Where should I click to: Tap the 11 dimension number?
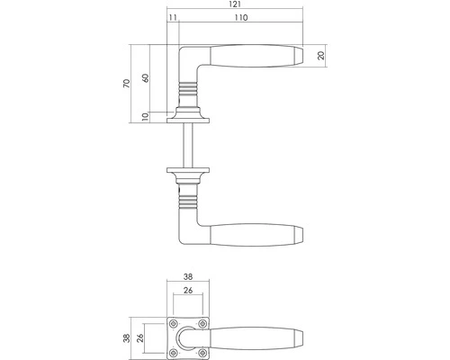(172, 18)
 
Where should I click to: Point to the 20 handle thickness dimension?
(321, 55)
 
